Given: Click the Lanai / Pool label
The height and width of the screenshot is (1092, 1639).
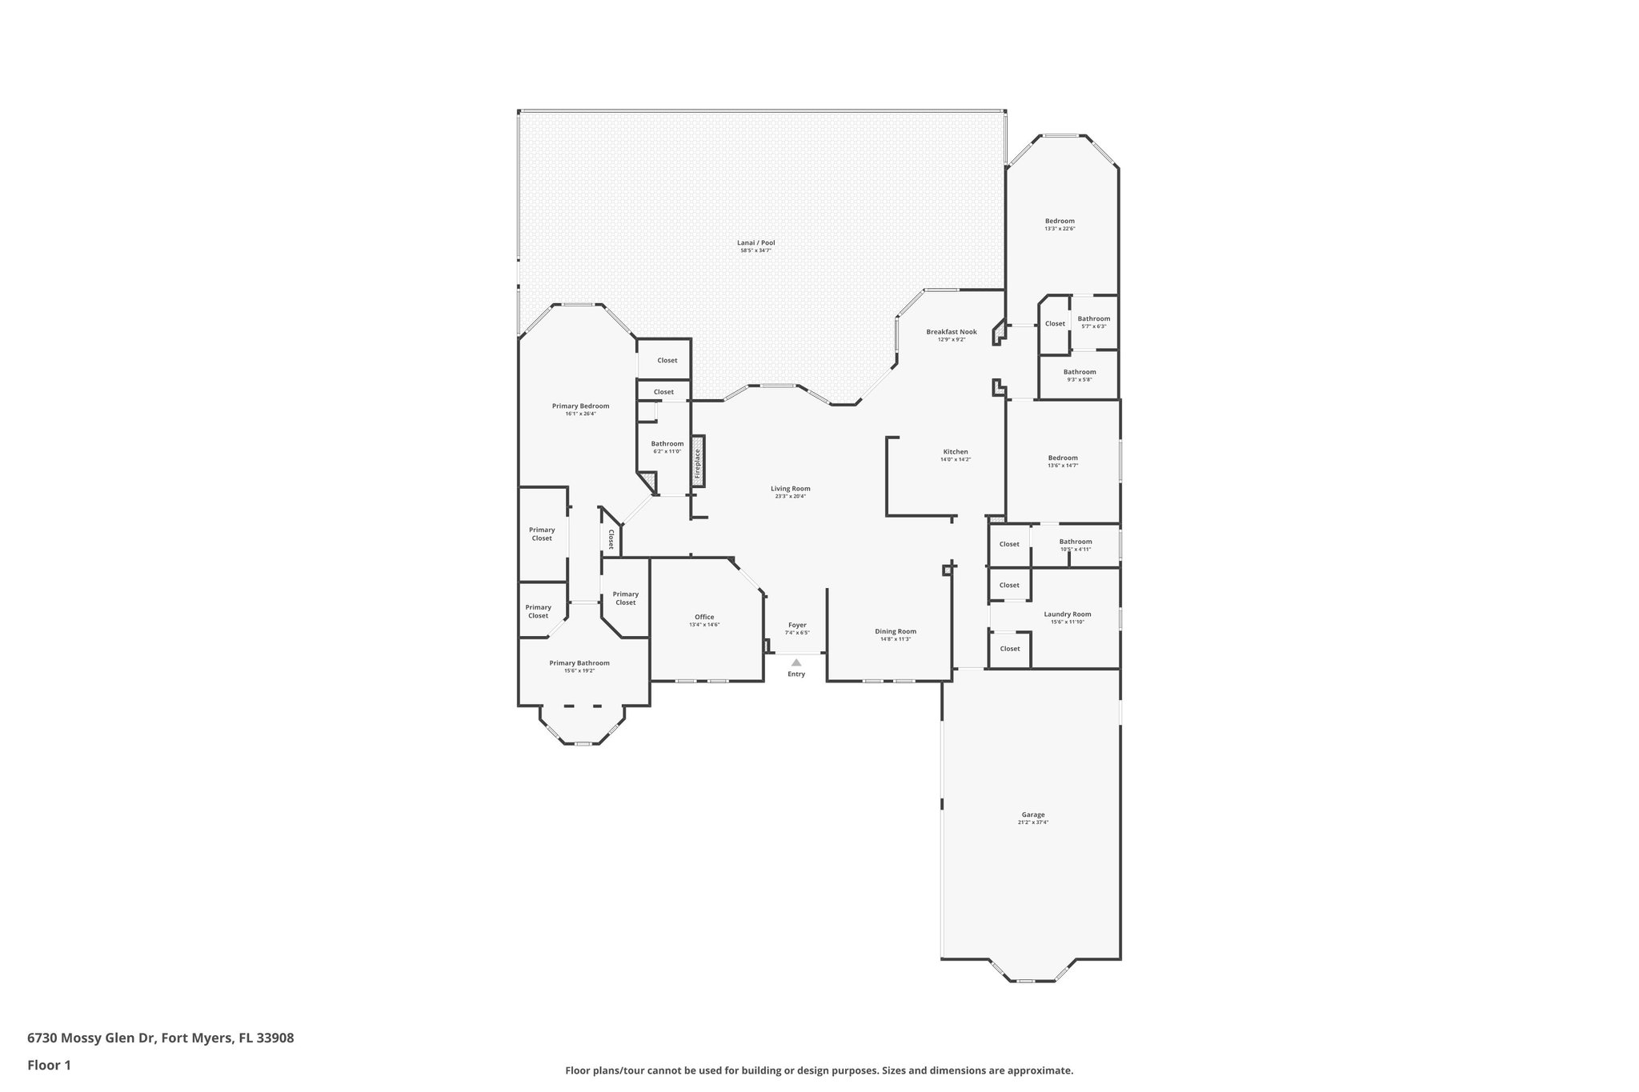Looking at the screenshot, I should (755, 243).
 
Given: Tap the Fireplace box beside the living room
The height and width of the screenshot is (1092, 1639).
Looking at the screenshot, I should (698, 461).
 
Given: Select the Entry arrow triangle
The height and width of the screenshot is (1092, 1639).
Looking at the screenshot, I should (796, 662).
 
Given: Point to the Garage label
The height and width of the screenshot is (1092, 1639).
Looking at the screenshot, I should (1032, 814).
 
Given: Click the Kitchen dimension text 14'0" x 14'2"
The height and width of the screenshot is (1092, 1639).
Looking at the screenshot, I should (955, 460).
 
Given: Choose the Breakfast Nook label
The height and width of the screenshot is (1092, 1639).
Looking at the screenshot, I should (952, 332).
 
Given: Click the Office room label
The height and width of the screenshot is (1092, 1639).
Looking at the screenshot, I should (704, 617).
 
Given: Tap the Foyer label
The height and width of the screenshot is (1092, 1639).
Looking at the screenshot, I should (797, 625).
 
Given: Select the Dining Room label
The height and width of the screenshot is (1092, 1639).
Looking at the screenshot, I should (896, 631).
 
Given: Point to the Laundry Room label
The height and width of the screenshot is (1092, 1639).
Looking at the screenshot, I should (1067, 614).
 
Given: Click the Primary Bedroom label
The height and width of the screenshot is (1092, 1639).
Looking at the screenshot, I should (580, 406).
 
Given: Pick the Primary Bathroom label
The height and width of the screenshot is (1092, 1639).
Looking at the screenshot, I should (579, 663).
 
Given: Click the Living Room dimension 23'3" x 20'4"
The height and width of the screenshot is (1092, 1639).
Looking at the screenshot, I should (790, 496).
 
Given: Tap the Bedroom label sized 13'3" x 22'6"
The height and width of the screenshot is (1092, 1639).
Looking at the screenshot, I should (1060, 221).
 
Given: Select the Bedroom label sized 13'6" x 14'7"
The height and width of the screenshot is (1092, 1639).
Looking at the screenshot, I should (1063, 458).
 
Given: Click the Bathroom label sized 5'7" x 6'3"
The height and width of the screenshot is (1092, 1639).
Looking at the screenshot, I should (1093, 319).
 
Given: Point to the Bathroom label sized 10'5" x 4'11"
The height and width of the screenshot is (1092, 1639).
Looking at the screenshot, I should (1075, 542).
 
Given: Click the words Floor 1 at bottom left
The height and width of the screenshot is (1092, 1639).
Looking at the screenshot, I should (50, 1065).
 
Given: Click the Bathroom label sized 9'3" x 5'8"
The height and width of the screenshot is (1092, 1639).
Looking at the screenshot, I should (1080, 372).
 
